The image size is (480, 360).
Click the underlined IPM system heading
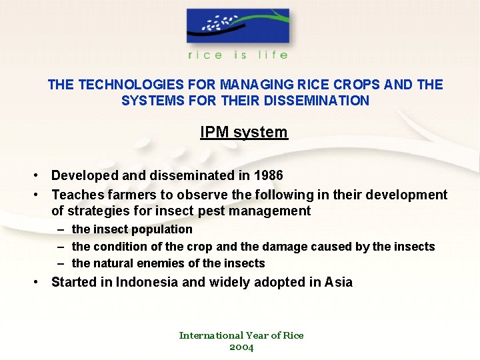244,132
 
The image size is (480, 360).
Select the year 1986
268,175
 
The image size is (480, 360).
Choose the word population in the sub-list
162,229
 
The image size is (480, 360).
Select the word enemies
161,263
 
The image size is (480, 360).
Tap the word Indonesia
147,282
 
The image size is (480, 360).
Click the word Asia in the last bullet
339,282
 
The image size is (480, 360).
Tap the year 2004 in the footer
241,347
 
